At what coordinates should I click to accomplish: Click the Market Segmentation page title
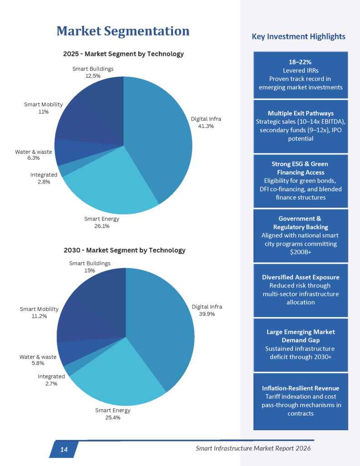point(122,31)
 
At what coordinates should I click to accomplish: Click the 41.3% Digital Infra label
point(206,122)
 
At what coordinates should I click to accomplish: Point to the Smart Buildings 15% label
point(90,267)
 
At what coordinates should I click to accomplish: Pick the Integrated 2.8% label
point(44,178)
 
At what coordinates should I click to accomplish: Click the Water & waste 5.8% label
point(38,360)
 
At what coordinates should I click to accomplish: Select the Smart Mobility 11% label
point(43,108)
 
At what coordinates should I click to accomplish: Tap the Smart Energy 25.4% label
point(112,414)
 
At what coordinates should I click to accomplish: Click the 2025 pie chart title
point(123,54)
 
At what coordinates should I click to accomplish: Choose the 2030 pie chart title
point(124,250)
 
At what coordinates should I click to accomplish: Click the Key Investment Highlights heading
point(299,36)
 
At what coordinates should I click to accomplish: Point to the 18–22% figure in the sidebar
point(300,61)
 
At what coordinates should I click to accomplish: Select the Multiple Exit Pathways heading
point(300,113)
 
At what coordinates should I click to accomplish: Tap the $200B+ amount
point(300,252)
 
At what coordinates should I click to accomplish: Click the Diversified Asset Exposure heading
point(300,277)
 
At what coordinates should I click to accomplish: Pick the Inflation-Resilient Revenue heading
point(300,388)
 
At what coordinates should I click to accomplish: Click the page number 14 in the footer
point(64,450)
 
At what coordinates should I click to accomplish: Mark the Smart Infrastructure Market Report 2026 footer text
point(253,448)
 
